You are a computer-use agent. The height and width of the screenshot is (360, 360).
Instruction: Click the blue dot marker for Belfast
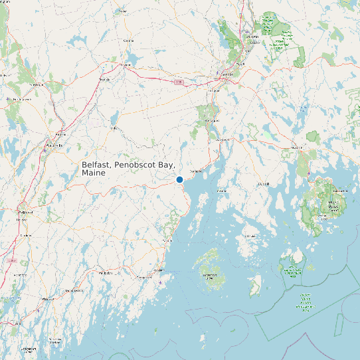click(x=179, y=179)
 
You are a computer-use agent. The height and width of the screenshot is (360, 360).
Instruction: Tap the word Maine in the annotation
click(x=94, y=173)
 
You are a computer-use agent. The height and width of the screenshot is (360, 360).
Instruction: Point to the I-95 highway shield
click(x=179, y=82)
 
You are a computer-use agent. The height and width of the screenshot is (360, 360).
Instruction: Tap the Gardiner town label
click(x=26, y=235)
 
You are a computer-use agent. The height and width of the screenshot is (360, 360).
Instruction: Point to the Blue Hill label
click(x=264, y=184)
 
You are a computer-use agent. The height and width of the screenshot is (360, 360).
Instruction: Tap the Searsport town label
click(x=196, y=171)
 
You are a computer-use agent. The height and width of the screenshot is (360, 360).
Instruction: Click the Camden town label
click(x=168, y=240)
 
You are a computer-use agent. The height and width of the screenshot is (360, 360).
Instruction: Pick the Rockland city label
click(x=159, y=271)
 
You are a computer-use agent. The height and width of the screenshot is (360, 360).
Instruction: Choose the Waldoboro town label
click(x=105, y=273)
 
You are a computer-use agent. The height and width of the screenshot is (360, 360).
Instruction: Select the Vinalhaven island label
click(x=209, y=274)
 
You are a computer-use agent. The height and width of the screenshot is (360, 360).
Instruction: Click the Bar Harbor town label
click(x=340, y=191)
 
